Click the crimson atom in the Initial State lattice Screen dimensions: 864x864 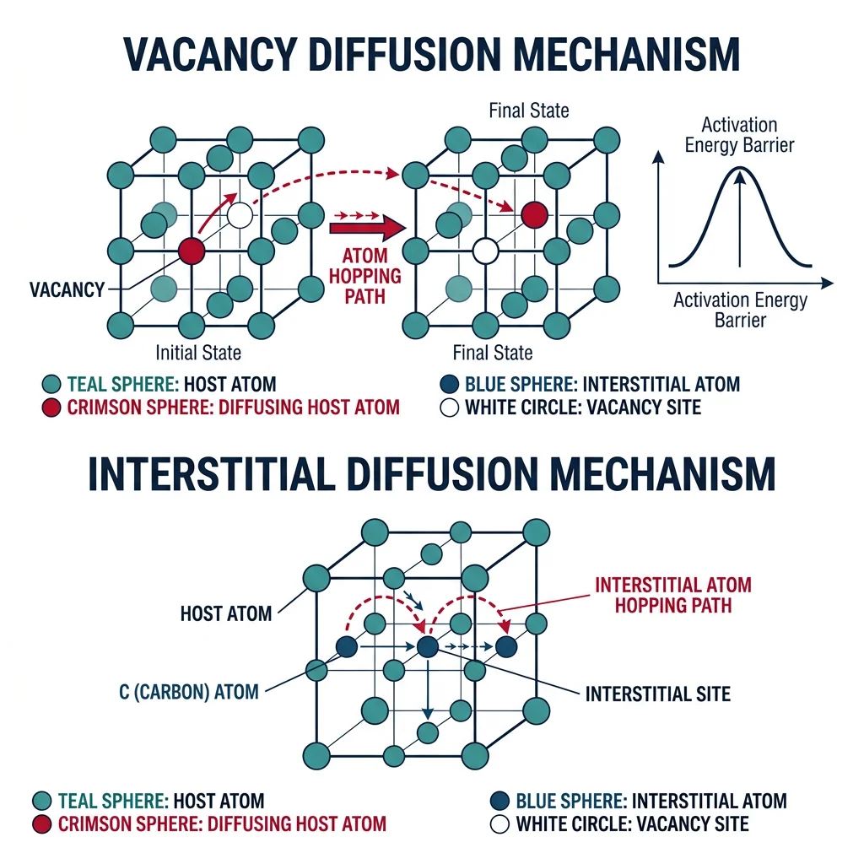192,251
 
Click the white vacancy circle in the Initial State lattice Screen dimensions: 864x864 240,215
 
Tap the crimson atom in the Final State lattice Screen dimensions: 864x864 534,215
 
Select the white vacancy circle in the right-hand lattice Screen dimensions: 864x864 484,251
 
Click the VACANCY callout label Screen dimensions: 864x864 67,290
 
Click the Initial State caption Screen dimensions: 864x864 198,352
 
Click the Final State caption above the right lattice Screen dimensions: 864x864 529,111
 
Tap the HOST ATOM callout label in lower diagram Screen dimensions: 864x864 226,613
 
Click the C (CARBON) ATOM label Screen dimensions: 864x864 189,692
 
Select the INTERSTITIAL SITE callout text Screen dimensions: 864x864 657,694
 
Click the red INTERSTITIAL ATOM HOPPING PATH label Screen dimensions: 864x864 672,595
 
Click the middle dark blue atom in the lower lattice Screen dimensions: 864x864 428,647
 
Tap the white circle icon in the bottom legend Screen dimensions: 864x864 499,823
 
